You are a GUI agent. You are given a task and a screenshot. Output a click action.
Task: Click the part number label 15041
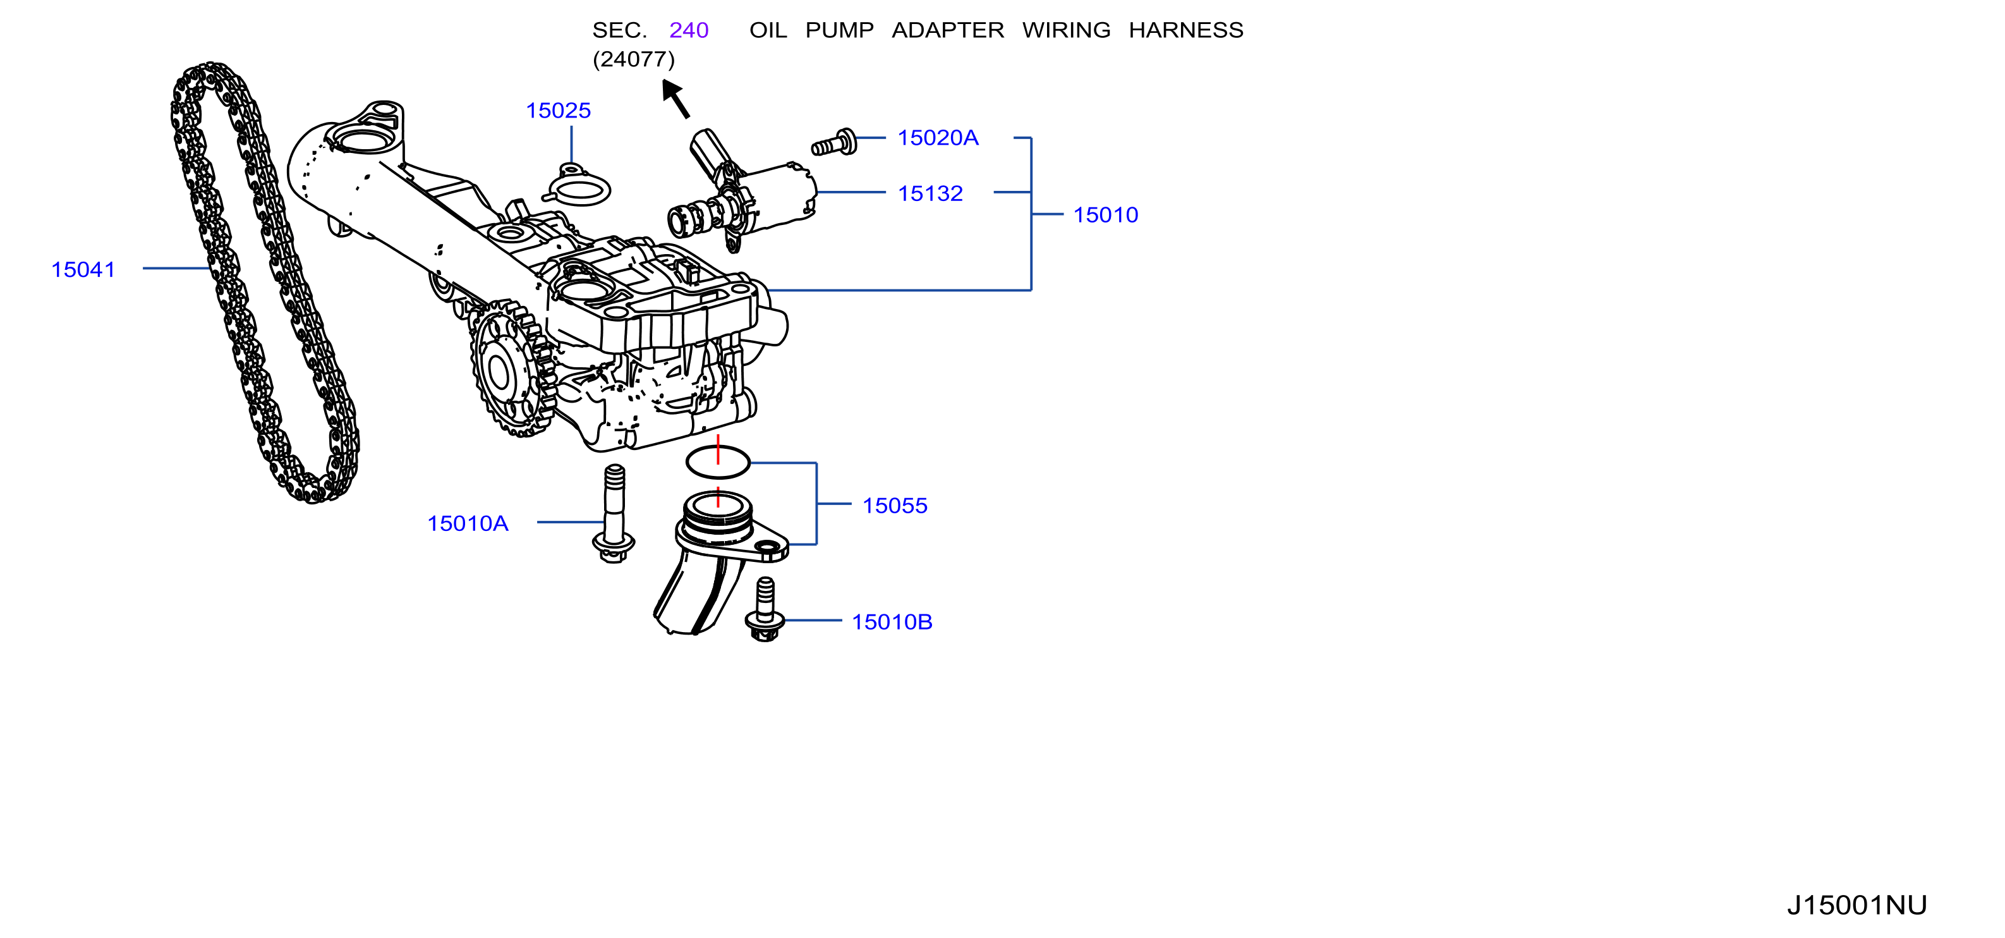tap(83, 269)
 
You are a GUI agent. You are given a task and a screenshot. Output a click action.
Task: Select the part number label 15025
tap(558, 111)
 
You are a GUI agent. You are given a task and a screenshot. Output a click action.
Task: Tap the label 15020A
tap(938, 138)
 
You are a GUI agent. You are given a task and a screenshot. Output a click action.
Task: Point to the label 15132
tap(930, 193)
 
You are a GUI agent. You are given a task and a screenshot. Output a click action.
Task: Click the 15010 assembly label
tap(1105, 215)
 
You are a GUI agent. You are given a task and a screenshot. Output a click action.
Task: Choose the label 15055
tap(894, 505)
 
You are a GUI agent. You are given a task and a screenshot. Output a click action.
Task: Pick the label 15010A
tap(468, 523)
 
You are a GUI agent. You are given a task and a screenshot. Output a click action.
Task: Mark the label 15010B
tap(892, 622)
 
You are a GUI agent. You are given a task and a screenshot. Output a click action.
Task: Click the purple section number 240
tap(689, 30)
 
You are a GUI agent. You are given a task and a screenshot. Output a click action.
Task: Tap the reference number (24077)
tap(634, 59)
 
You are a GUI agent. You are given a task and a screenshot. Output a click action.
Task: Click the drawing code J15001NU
tap(1857, 904)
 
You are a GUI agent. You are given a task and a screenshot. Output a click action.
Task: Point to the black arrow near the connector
tap(675, 98)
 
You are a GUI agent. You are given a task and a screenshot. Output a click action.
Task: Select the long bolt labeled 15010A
tap(614, 514)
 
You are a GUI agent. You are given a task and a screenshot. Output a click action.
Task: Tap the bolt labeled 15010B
tap(765, 609)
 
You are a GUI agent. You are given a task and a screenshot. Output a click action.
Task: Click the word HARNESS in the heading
tap(1186, 30)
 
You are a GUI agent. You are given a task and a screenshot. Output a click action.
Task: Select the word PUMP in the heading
tap(839, 30)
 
